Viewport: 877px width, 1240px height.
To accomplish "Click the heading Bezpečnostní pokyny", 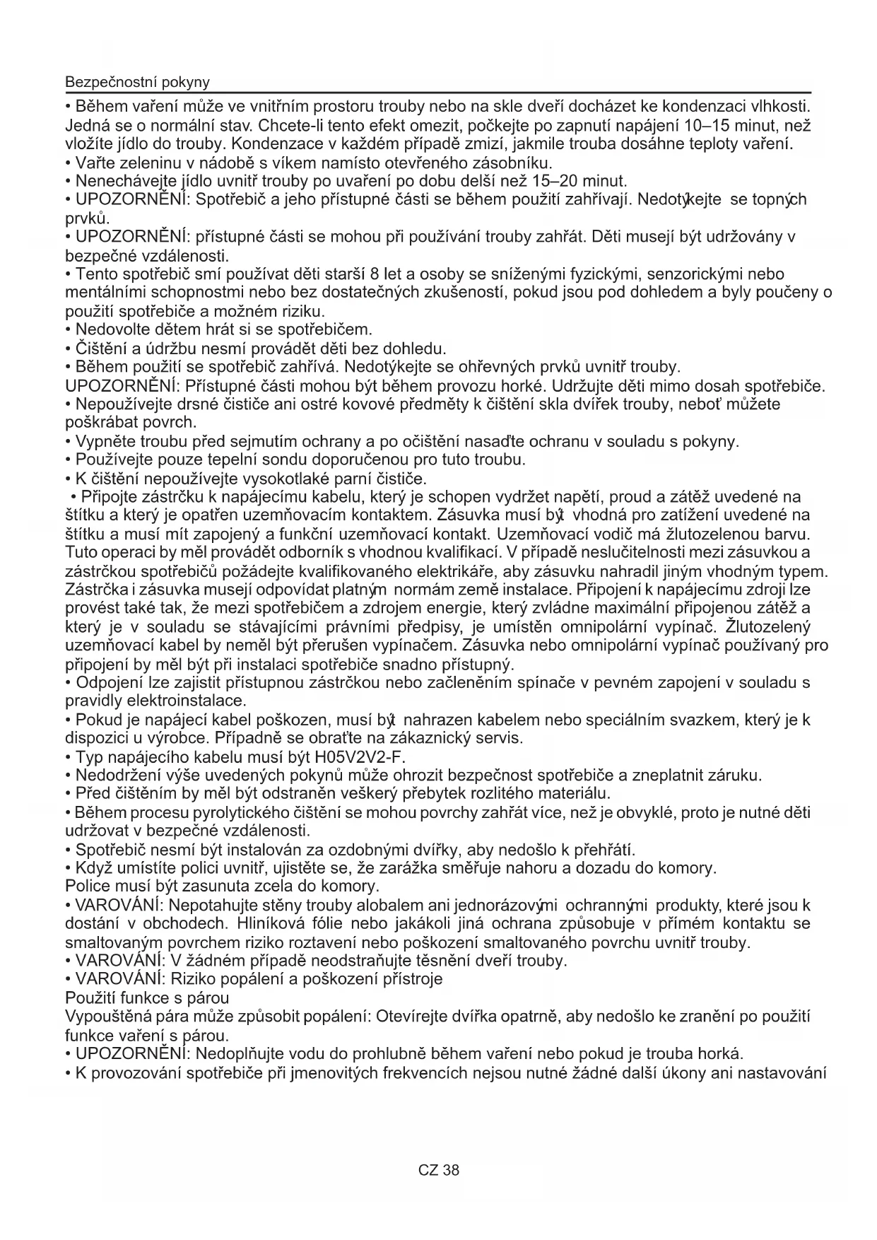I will point(137,82).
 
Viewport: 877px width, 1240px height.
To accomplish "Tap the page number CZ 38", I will point(438,1170).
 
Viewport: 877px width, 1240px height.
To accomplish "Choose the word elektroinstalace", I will point(186,701).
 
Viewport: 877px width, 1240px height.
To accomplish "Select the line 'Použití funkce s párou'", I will point(147,998).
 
